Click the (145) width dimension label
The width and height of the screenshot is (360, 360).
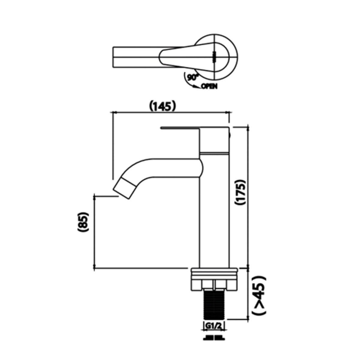pos(162,107)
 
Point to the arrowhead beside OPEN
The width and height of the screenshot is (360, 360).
pos(196,86)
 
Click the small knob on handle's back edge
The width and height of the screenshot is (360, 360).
pos(230,135)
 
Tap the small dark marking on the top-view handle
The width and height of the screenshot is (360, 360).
pos(214,57)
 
